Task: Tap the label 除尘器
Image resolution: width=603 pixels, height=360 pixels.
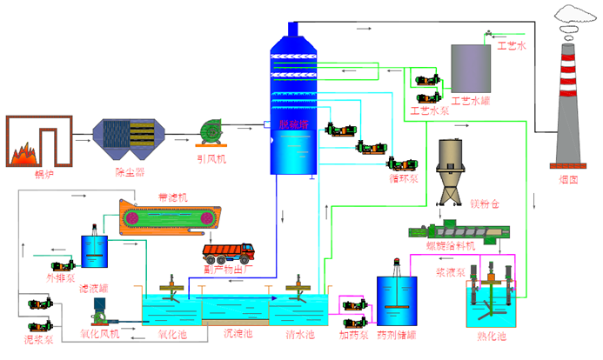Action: pyautogui.click(x=130, y=172)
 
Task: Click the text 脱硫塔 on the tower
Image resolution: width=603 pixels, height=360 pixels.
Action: pyautogui.click(x=293, y=124)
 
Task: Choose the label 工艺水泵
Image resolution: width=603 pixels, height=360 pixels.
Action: pyautogui.click(x=429, y=110)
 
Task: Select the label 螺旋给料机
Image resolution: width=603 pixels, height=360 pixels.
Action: pyautogui.click(x=451, y=245)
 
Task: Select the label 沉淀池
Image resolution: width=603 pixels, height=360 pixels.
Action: pyautogui.click(x=238, y=333)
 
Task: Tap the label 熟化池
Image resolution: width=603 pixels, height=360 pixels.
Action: pyautogui.click(x=492, y=336)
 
